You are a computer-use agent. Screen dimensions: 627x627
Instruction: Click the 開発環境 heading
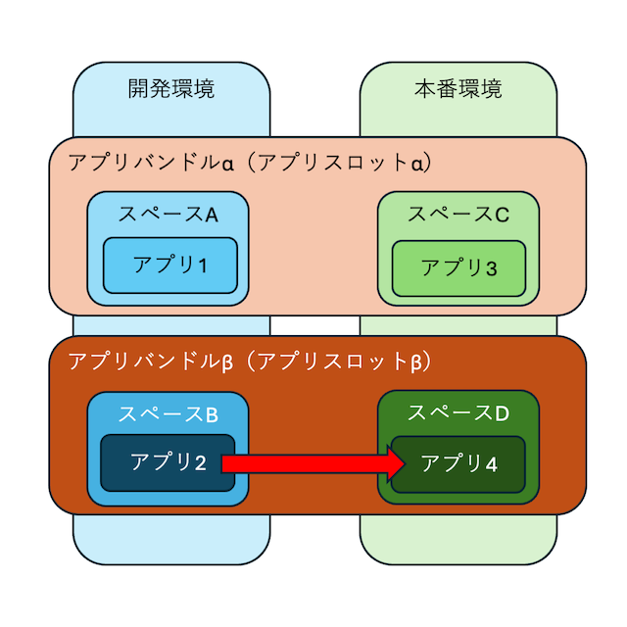coord(171,90)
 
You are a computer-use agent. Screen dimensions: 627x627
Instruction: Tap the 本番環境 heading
coord(458,90)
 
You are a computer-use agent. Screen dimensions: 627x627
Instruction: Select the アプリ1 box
coord(171,265)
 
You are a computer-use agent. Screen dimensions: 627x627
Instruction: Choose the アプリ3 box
coord(458,267)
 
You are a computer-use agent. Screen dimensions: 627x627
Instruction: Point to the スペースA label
coord(168,215)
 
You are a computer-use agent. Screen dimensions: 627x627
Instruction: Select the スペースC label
coord(458,215)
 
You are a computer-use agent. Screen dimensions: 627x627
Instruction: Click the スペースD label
coord(458,412)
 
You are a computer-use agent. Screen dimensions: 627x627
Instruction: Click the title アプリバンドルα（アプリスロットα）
coord(250,162)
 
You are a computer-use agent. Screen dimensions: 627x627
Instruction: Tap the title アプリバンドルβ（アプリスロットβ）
coord(250,362)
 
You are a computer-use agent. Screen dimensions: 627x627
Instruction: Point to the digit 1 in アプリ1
coord(203,265)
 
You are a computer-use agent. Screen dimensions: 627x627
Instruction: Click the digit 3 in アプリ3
coord(491,267)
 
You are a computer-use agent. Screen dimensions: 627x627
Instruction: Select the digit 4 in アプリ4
coord(491,462)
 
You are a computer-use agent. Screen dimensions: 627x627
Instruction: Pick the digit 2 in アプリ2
coord(200,462)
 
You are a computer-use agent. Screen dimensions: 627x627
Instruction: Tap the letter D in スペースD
coord(502,412)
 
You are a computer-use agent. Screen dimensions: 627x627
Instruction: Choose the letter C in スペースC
coord(502,215)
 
